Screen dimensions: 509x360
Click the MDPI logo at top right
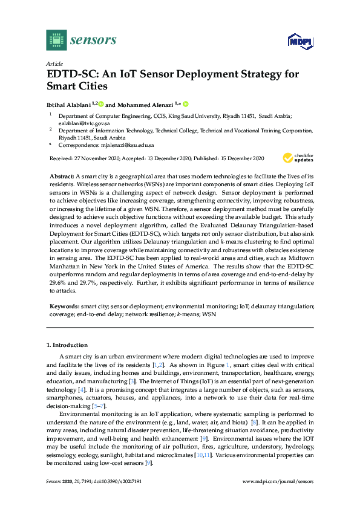(299, 41)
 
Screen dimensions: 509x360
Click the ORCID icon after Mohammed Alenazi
(186, 103)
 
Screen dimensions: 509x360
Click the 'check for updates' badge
(298, 157)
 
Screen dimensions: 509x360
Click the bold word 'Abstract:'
(63, 174)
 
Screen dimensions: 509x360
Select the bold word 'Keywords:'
(65, 306)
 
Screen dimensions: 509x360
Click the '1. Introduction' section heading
(67, 345)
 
